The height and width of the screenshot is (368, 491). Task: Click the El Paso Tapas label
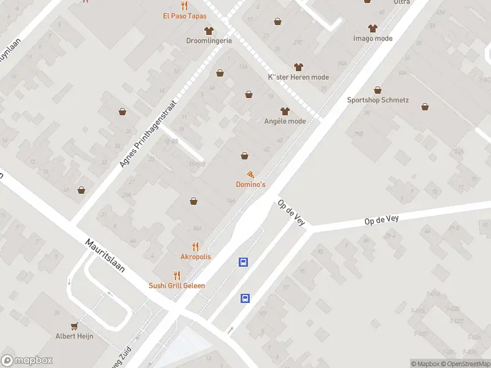click(185, 16)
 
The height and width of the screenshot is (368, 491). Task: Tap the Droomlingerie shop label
click(209, 41)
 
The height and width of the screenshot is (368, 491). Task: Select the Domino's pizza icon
click(250, 175)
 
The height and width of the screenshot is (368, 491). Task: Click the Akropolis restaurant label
click(196, 256)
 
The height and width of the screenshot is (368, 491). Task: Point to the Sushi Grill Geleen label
click(177, 285)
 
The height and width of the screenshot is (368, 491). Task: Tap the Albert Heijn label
click(74, 336)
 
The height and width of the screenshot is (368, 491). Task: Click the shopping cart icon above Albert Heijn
click(74, 326)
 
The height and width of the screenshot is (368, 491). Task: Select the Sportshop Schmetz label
click(377, 100)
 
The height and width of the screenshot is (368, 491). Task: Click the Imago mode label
click(373, 38)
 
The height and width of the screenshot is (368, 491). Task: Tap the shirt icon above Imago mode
click(373, 28)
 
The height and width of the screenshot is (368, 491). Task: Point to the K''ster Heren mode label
click(299, 77)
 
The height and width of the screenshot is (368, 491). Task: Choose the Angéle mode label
click(284, 121)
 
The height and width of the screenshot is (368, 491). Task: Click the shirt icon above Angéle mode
click(284, 111)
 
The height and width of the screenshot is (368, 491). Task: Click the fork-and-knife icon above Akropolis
click(196, 246)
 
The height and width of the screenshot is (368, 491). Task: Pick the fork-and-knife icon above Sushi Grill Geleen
click(177, 275)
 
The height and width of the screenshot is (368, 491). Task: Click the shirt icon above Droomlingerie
click(209, 30)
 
